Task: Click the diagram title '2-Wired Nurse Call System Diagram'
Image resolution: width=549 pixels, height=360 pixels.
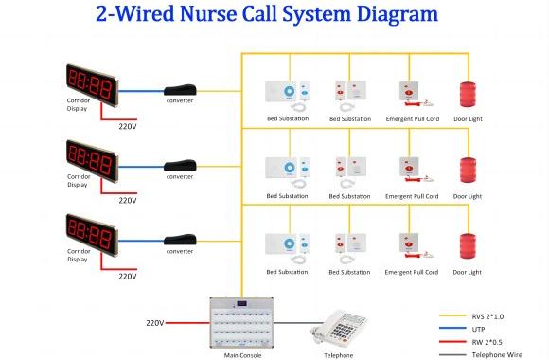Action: (x=274, y=16)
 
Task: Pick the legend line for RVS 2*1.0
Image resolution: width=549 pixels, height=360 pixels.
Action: (x=452, y=315)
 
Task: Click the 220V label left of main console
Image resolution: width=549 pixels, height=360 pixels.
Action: (x=155, y=323)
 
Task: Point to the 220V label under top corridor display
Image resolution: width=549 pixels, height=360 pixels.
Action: (x=128, y=124)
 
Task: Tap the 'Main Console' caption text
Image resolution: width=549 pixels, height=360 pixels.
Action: (x=243, y=355)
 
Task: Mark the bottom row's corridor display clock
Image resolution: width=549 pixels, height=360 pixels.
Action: (x=91, y=233)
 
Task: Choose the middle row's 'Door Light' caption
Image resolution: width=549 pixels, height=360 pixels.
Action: (x=467, y=196)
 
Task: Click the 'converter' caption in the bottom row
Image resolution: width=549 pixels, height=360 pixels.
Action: (x=180, y=251)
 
